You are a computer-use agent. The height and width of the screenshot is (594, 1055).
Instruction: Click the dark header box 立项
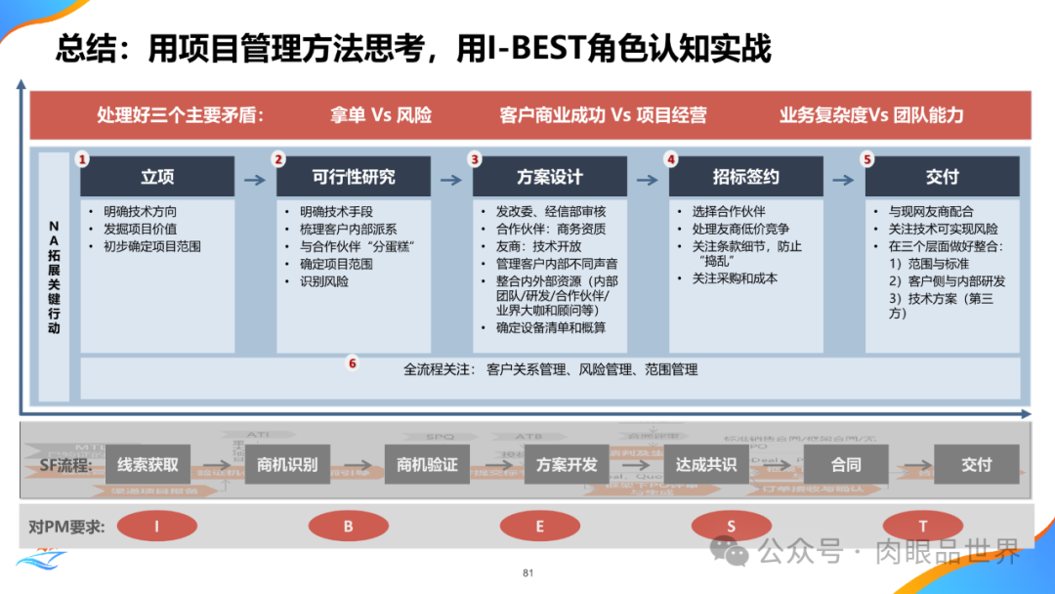tap(157, 177)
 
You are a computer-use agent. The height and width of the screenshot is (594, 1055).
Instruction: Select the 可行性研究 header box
tap(354, 177)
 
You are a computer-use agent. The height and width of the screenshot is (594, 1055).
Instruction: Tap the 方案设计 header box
tap(550, 177)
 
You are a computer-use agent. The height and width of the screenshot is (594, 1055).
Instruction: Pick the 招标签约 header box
tap(746, 177)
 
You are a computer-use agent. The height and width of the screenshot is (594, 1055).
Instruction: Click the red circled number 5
tap(867, 158)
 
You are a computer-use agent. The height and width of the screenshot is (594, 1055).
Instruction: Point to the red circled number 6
tap(353, 363)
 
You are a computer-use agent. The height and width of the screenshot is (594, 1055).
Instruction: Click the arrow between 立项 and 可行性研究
tap(254, 180)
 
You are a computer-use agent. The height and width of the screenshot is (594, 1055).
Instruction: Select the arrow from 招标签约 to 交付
tap(843, 180)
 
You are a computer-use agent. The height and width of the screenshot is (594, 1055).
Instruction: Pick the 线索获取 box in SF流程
tap(148, 465)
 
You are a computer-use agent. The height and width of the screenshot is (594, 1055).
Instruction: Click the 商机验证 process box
tap(427, 465)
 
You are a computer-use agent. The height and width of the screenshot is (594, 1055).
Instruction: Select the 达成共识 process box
tap(706, 465)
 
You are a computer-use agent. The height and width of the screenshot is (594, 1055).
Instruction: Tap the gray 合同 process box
tap(846, 465)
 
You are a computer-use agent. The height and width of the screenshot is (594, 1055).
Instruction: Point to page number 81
tap(528, 573)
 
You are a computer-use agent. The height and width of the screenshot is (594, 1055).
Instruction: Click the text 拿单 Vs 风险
tap(381, 115)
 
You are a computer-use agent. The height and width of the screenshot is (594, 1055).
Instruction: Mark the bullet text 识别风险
tap(324, 281)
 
